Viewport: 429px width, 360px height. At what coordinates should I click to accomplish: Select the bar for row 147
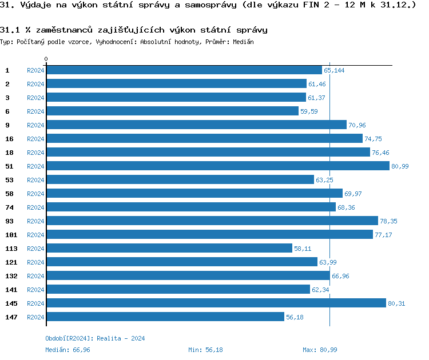tap(165, 317)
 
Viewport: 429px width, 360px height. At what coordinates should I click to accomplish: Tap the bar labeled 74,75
tap(204, 139)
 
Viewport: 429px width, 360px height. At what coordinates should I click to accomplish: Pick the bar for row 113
tap(169, 249)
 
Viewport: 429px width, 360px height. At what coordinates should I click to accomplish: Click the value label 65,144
tap(334, 70)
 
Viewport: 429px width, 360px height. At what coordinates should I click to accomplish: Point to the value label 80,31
tap(396, 303)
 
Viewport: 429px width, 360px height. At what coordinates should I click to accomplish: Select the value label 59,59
tap(309, 111)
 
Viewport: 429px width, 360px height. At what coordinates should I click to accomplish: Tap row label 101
tap(11, 235)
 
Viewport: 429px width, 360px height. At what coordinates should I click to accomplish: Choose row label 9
tap(7, 125)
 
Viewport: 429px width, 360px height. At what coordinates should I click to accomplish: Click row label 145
tap(11, 303)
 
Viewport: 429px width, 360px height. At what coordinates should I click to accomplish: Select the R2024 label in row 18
tap(35, 153)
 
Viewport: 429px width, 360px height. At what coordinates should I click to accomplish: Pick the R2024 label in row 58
tap(35, 194)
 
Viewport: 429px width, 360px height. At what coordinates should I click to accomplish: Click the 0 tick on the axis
tap(46, 59)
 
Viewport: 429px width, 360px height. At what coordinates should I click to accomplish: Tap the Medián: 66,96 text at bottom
tap(67, 350)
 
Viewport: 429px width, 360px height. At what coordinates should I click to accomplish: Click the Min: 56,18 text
tap(205, 350)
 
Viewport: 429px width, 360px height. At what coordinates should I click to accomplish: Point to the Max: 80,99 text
tap(321, 350)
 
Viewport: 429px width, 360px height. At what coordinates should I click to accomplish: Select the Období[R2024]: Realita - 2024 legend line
tap(95, 338)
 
